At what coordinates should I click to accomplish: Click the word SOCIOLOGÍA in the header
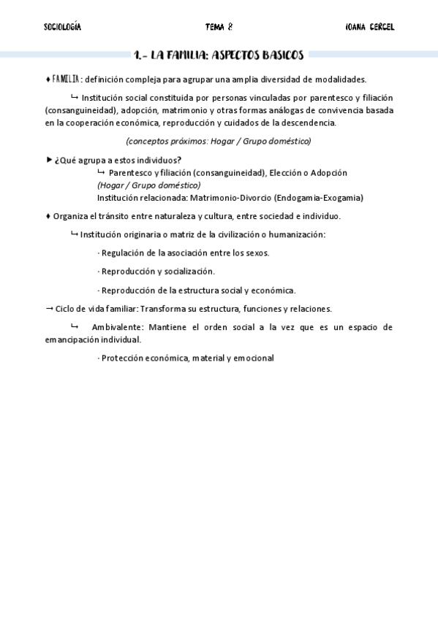click(x=63, y=27)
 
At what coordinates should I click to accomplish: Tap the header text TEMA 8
click(x=219, y=27)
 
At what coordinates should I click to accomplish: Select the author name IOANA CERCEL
click(x=369, y=27)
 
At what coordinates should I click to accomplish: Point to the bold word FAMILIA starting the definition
click(x=66, y=79)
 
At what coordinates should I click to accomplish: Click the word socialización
click(x=189, y=271)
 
